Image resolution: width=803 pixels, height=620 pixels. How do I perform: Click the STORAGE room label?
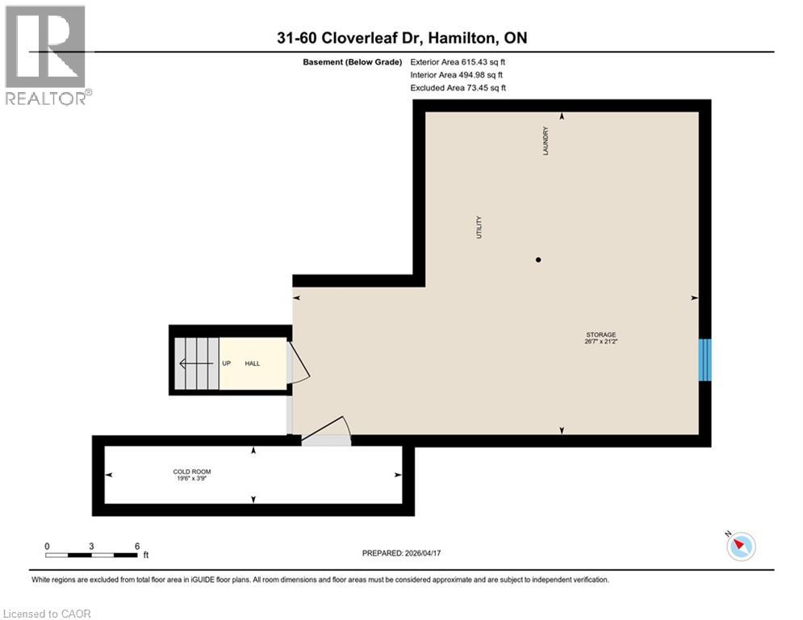pos(601,334)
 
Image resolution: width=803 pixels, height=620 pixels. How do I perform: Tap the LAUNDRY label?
pos(546,140)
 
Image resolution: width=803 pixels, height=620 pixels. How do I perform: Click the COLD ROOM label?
pos(192,471)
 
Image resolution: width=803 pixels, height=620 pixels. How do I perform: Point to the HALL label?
pos(253,364)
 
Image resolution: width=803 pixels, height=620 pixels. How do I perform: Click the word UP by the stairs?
pos(227,364)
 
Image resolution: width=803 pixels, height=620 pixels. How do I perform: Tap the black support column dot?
pos(538,259)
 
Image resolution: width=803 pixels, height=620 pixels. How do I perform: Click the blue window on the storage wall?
pos(705,359)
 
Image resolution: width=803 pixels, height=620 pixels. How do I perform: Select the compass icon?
pos(740,547)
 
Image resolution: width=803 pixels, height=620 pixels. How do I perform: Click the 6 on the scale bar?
pos(136,546)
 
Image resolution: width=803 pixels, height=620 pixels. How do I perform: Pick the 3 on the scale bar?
pos(91,546)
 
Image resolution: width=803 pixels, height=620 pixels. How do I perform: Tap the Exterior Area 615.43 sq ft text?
pos(458,61)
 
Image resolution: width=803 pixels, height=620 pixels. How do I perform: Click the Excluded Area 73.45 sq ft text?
pos(458,88)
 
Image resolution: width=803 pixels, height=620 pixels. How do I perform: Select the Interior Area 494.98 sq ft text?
pos(458,75)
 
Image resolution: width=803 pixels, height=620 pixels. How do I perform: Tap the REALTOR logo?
pos(46,54)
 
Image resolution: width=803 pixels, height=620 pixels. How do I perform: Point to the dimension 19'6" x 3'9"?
pos(192,479)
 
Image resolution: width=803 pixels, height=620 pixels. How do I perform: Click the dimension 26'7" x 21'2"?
pos(601,341)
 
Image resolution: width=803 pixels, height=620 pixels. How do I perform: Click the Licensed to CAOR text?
pos(47,614)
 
